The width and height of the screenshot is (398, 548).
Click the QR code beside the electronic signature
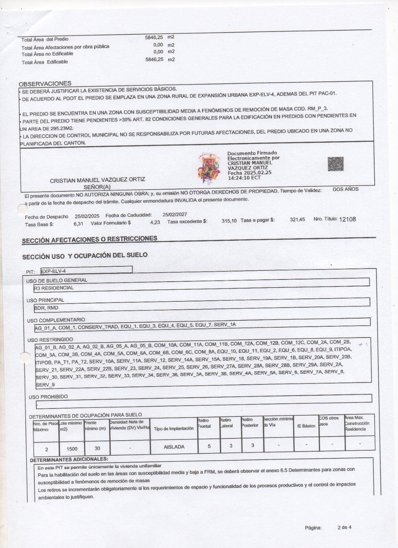[x=336, y=164]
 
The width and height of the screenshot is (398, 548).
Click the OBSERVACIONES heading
[x=45, y=83]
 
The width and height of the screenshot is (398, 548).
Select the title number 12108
[x=347, y=219]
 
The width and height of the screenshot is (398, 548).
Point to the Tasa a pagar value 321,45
[x=297, y=220]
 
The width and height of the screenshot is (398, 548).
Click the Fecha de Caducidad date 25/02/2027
[x=175, y=215]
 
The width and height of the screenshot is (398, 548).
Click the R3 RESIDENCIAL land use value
[x=54, y=288]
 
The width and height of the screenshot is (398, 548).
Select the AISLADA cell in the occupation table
[x=174, y=446]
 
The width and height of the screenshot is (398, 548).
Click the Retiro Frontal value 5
[x=209, y=446]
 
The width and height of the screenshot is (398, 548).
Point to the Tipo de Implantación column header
[x=173, y=428]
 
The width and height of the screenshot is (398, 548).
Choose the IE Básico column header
[x=306, y=426]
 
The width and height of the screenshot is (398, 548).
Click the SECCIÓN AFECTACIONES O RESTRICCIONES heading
[x=89, y=239]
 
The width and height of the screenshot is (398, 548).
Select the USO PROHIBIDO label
[x=48, y=396]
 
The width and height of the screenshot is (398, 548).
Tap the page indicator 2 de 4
[x=344, y=527]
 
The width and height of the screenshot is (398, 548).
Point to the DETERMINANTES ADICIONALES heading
[x=69, y=458]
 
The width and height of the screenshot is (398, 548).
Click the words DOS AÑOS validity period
[x=345, y=189]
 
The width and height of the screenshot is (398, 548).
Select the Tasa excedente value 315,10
[x=229, y=221]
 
